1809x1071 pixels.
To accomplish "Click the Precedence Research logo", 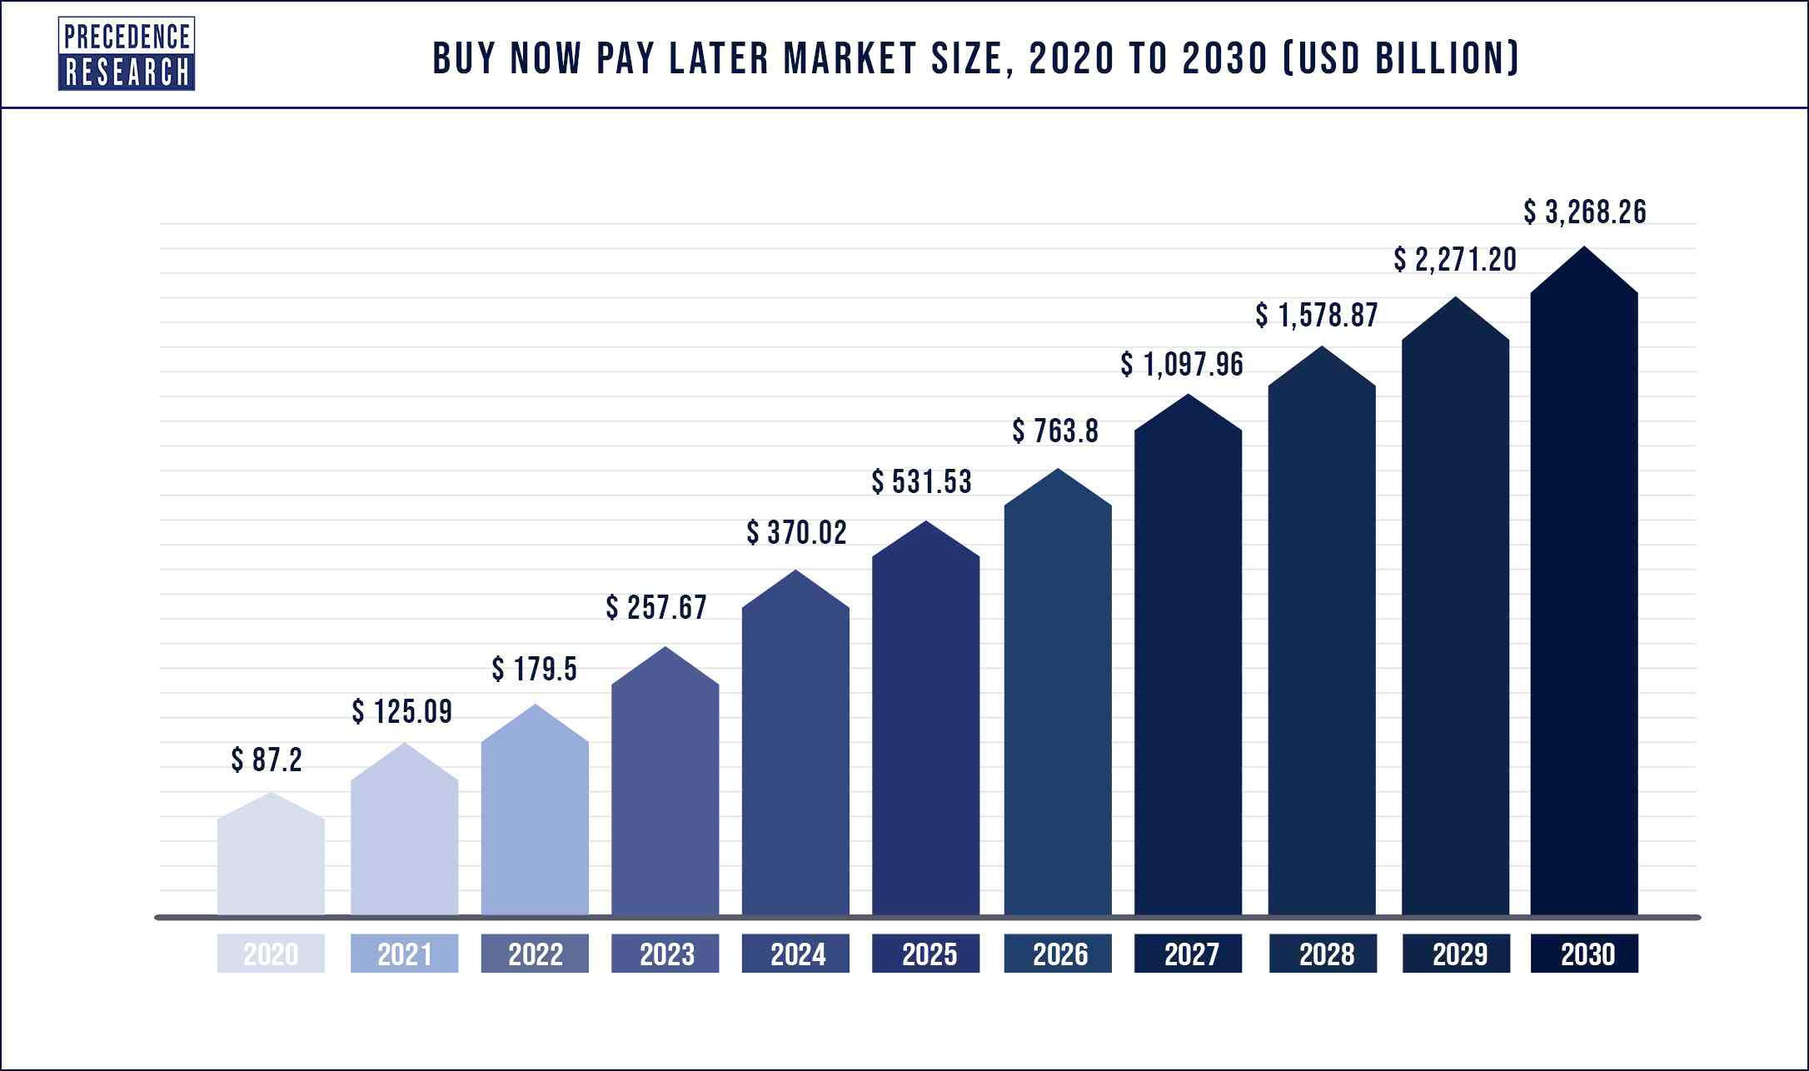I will point(127,54).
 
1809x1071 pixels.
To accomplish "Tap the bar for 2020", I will point(271,862).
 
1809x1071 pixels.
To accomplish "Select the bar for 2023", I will point(665,791).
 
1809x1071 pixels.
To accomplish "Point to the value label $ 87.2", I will point(267,760).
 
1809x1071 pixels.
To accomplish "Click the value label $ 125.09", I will point(402,712).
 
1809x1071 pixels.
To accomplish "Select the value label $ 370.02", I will point(797,533).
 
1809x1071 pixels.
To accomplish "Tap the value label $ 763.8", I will point(1056,431).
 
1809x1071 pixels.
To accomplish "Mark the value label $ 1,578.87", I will point(1317,316).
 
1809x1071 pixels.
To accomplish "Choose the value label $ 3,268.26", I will point(1585,212).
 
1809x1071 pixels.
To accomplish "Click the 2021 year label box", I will point(404,954).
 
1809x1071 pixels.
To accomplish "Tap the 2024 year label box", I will point(795,954).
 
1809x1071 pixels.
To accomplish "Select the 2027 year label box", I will point(1188,954).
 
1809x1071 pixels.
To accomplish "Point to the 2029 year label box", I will point(1455,954).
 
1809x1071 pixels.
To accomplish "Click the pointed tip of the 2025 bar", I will point(926,523).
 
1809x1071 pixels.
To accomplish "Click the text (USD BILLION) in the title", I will point(1402,58).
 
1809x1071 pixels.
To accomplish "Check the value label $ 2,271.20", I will point(1455,261).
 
